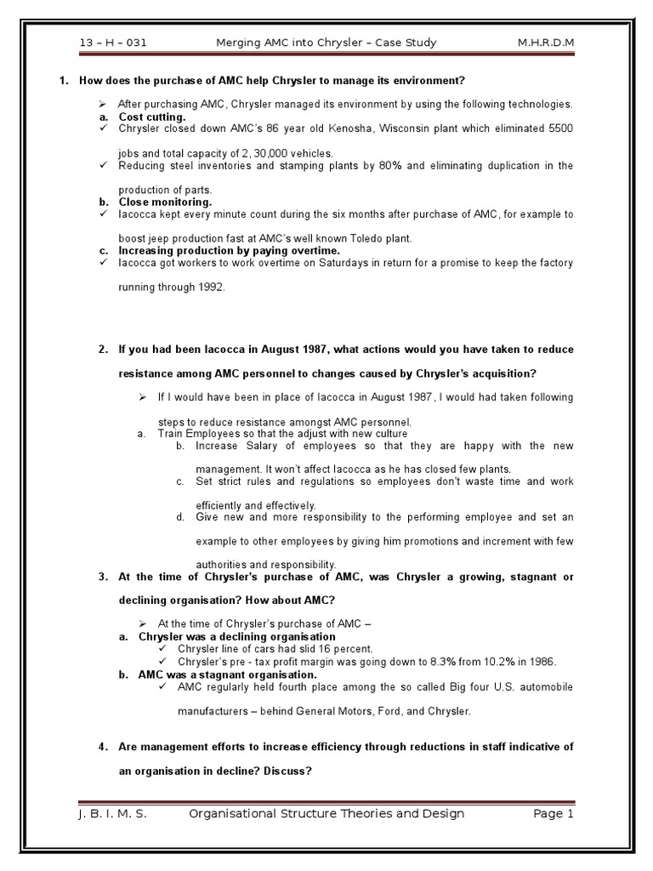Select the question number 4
[102, 747]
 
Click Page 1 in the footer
[554, 814]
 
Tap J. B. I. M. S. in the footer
[111, 814]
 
